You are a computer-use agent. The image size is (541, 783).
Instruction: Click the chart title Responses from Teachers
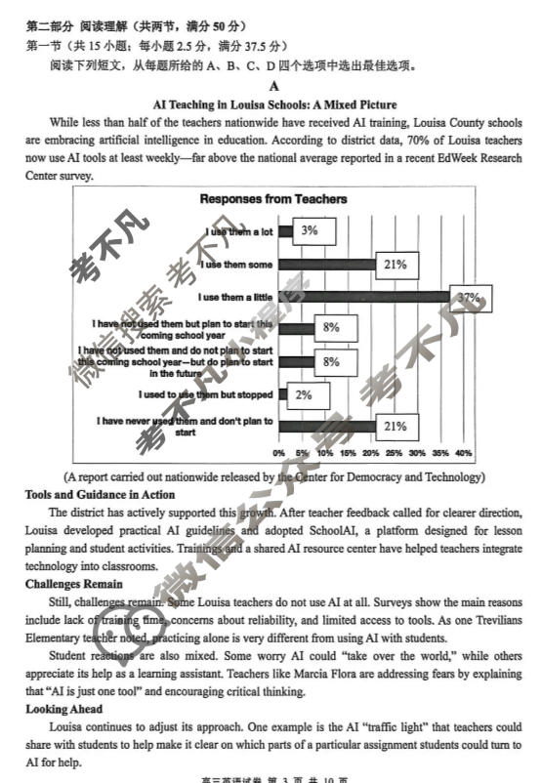[273, 199]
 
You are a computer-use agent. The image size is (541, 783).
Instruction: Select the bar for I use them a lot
[285, 231]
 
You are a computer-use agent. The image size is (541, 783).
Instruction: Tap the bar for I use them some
[327, 265]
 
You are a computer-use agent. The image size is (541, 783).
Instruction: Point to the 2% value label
[303, 394]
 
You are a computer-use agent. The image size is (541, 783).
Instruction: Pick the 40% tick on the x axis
[463, 453]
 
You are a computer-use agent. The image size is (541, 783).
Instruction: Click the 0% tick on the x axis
[279, 453]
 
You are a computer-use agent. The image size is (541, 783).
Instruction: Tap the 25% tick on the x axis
[394, 453]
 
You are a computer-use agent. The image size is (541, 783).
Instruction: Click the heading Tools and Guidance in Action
[100, 495]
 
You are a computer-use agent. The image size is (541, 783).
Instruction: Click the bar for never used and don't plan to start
[327, 427]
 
